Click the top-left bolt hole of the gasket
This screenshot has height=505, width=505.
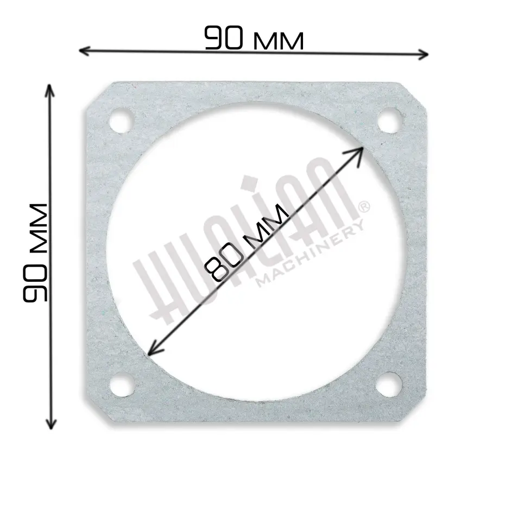point(121,122)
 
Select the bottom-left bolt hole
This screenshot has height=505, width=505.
point(122,384)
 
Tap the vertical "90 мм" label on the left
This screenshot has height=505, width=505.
point(35,253)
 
